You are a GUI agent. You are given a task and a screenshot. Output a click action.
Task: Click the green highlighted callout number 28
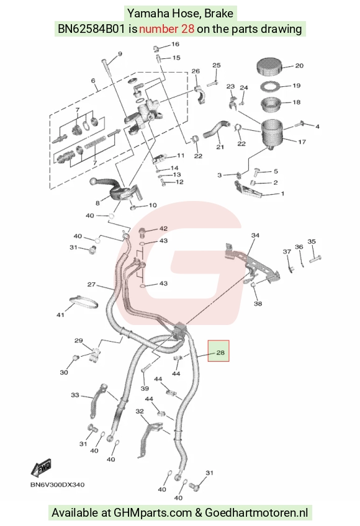click(x=220, y=352)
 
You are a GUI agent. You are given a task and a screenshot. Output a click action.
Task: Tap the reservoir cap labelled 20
click(x=271, y=67)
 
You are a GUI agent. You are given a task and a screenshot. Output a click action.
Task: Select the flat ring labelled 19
click(x=270, y=86)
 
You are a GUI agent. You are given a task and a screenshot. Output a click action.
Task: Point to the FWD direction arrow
click(x=42, y=467)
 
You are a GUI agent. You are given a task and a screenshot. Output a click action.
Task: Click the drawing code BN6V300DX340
click(x=58, y=484)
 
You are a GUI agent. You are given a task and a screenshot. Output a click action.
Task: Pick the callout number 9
click(x=120, y=54)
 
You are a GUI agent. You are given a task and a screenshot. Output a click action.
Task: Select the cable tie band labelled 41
click(x=84, y=303)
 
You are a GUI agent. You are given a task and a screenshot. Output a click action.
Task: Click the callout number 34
click(x=255, y=235)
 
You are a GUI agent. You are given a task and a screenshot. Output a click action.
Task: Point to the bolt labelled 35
click(x=315, y=259)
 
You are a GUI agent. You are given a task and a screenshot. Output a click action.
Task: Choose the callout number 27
click(x=91, y=285)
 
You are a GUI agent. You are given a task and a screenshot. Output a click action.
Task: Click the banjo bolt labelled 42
click(x=143, y=231)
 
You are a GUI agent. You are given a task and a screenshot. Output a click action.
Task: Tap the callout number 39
click(x=145, y=388)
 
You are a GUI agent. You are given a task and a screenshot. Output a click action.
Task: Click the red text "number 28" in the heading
click(x=166, y=29)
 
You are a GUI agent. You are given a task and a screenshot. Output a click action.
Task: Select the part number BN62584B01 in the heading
click(x=92, y=29)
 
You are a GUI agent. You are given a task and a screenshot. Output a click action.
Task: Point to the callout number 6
click(x=93, y=81)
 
